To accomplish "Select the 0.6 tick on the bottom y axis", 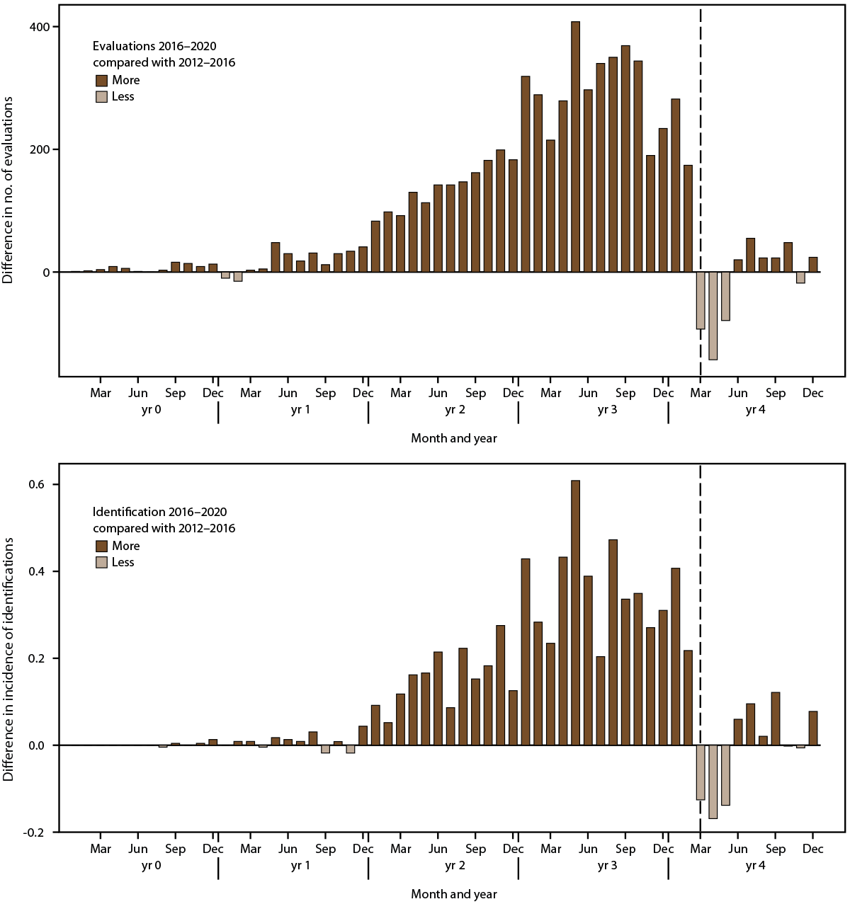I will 37,484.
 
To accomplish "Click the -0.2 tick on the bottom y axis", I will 34,833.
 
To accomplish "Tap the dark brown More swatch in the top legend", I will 101,81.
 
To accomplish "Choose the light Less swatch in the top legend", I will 101,97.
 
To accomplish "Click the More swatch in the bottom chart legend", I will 101,547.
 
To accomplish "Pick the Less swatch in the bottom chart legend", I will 101,563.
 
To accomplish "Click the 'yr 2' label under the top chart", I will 455,410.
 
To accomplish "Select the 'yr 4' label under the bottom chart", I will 755,866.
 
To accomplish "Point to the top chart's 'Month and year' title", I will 454,438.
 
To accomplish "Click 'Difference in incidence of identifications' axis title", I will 8,658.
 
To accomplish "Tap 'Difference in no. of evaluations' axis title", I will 8,191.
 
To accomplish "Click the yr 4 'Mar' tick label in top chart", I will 701,393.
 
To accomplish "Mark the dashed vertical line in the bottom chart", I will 701,637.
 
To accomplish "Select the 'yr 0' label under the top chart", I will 151,410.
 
